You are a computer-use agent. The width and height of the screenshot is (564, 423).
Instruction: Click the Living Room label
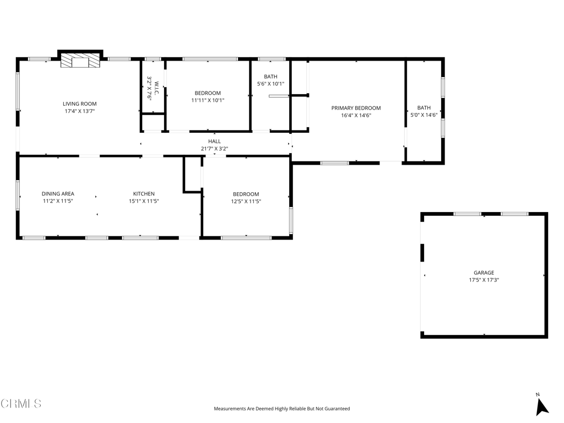(79, 104)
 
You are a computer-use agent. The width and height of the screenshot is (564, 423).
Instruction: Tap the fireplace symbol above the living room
(80, 61)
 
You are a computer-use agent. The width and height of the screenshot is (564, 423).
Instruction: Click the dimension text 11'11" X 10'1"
(208, 100)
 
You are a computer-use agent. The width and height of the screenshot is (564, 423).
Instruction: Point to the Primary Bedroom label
(356, 108)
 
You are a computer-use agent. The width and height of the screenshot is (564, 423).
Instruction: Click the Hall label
(214, 142)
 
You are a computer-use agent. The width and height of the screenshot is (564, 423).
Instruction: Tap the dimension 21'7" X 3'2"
(214, 149)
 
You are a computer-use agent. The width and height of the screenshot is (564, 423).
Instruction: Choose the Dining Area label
(58, 194)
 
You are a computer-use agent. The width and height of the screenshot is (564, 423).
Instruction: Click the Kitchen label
(144, 194)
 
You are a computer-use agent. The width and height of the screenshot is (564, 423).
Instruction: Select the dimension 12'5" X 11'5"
(246, 202)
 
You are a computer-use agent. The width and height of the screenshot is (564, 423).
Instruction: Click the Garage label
(484, 273)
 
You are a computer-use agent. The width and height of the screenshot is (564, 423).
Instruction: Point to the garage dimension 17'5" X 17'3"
(484, 280)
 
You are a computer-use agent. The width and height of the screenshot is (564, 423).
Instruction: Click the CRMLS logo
(21, 403)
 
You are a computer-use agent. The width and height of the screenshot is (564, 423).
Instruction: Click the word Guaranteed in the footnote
(337, 409)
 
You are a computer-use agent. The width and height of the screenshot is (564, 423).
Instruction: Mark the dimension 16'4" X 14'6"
(356, 116)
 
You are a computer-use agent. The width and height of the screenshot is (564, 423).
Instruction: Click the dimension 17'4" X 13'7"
(79, 111)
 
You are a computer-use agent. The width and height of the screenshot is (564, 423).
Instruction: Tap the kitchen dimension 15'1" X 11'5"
(144, 201)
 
